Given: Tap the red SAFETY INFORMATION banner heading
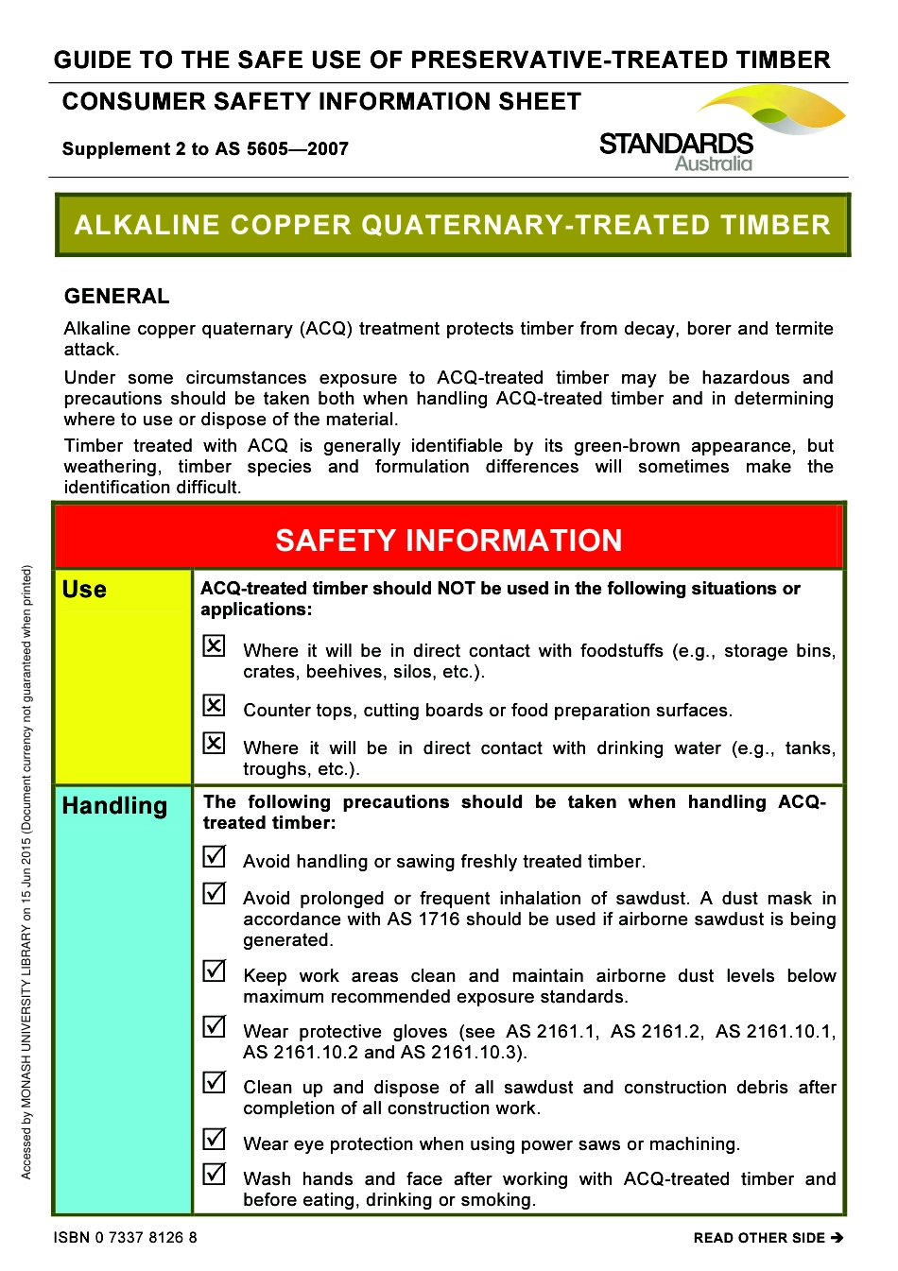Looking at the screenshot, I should click(449, 540).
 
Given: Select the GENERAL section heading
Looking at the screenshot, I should click(116, 296).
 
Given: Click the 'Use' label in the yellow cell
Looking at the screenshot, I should click(84, 590).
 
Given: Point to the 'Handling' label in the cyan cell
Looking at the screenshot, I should click(114, 806).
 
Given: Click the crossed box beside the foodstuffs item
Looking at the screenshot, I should click(215, 645).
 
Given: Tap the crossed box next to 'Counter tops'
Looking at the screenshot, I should click(215, 705).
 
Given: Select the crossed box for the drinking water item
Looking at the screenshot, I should click(215, 743).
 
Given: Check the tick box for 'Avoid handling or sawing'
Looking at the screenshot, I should click(215, 856).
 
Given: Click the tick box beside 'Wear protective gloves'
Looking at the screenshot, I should click(215, 1026).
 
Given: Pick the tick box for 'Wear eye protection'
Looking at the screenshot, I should click(215, 1139).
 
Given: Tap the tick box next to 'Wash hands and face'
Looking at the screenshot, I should click(215, 1174).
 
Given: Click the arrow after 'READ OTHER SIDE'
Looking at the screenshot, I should click(837, 1238).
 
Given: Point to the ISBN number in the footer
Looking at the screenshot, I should click(126, 1238).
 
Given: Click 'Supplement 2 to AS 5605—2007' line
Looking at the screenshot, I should click(205, 149).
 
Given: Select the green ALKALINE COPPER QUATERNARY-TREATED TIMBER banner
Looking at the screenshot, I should click(453, 225).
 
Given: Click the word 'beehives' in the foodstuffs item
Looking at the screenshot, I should click(349, 672).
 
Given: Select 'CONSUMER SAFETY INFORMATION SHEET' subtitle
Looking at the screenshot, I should click(321, 102).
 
